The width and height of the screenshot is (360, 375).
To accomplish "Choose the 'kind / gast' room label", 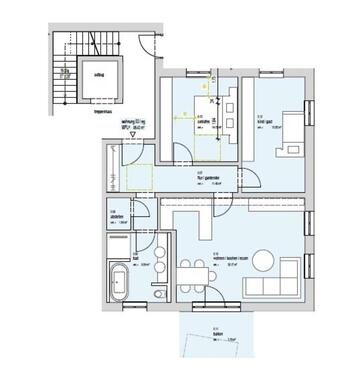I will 265,121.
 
